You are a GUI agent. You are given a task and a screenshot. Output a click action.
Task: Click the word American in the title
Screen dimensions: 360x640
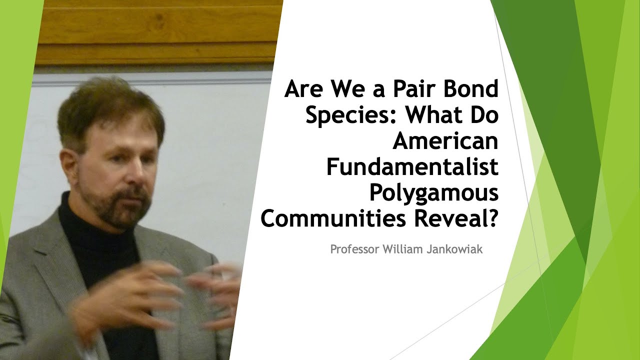tap(445, 141)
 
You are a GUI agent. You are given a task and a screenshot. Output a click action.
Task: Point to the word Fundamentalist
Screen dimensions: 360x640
tap(412, 167)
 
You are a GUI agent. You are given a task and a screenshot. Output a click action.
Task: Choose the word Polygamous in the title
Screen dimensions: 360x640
tap(434, 193)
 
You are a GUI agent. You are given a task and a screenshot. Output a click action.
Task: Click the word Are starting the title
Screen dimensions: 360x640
tap(303, 90)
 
